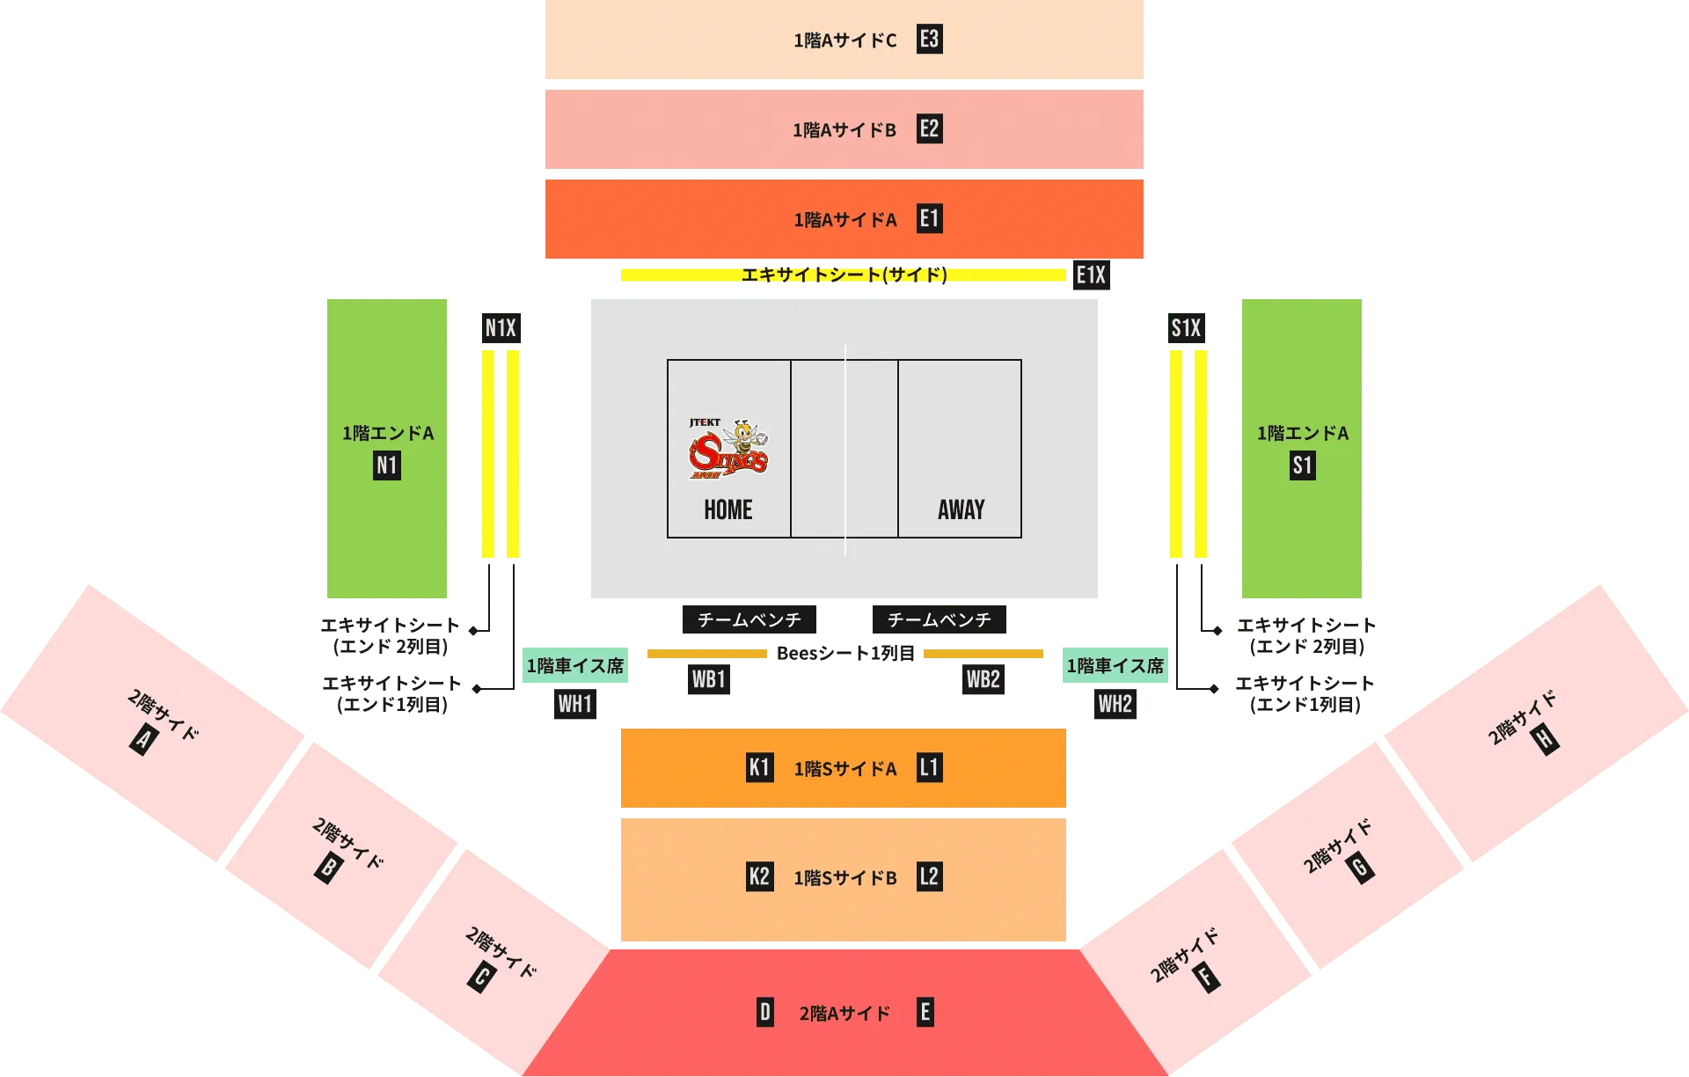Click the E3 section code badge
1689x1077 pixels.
929,39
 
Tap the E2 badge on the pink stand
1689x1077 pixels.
929,128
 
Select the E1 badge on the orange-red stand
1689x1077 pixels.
929,218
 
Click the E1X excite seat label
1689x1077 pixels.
1090,276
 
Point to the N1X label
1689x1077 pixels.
501,328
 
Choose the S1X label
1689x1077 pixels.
1187,328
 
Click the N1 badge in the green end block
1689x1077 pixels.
387,465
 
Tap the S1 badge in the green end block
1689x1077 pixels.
1302,465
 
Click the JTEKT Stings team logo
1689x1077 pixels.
728,450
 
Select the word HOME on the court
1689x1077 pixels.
728,510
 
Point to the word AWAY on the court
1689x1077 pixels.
961,510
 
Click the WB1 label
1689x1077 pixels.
708,679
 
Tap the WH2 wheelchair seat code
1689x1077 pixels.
1115,704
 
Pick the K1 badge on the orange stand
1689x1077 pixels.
759,767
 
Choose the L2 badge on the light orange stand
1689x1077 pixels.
929,876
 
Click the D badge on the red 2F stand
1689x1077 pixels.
764,1012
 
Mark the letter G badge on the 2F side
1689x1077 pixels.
1360,868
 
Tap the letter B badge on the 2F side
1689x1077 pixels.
328,868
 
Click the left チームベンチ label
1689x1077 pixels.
749,619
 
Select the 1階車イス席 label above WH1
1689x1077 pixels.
574,666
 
